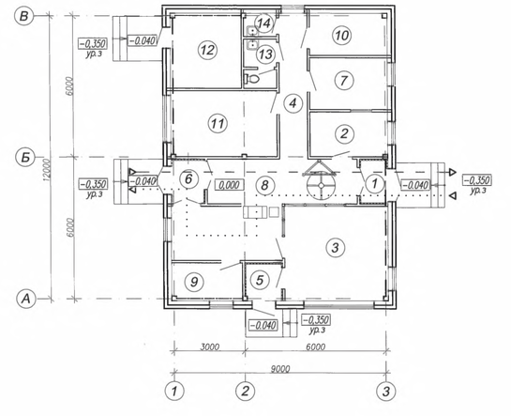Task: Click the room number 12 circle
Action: pyautogui.click(x=208, y=50)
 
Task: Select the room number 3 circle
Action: pyautogui.click(x=336, y=247)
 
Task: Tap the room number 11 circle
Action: pyautogui.click(x=218, y=124)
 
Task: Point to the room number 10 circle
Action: pyautogui.click(x=342, y=35)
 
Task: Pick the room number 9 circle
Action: pyautogui.click(x=194, y=282)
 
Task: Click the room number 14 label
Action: pyautogui.click(x=263, y=23)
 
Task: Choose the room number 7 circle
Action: pyautogui.click(x=344, y=80)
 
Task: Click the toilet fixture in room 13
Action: pyautogui.click(x=251, y=78)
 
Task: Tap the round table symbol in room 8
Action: pyautogui.click(x=321, y=185)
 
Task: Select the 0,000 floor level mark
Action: pyautogui.click(x=229, y=185)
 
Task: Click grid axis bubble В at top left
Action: pyautogui.click(x=24, y=16)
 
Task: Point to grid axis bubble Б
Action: pyautogui.click(x=25, y=157)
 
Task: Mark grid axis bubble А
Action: pyautogui.click(x=25, y=299)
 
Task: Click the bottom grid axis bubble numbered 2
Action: pyautogui.click(x=245, y=391)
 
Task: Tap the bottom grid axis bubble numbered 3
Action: pyautogui.click(x=386, y=391)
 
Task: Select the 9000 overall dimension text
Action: pyautogui.click(x=280, y=369)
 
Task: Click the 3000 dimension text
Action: pyautogui.click(x=209, y=347)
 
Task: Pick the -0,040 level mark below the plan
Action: pyautogui.click(x=263, y=325)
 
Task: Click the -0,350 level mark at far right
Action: pyautogui.click(x=477, y=180)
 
